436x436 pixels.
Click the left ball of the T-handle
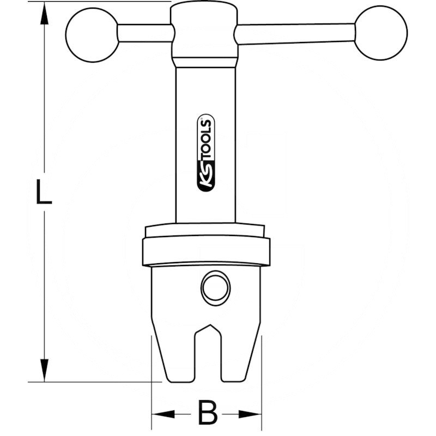click(93, 35)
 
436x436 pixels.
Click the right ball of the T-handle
click(381, 33)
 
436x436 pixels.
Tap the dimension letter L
click(44, 192)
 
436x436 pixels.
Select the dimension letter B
click(207, 412)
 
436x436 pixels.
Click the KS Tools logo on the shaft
click(206, 153)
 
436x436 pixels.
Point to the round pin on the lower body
click(215, 288)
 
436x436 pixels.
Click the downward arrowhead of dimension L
click(44, 370)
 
